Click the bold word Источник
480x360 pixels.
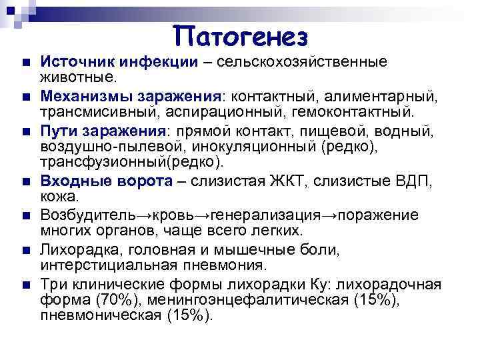74,62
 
